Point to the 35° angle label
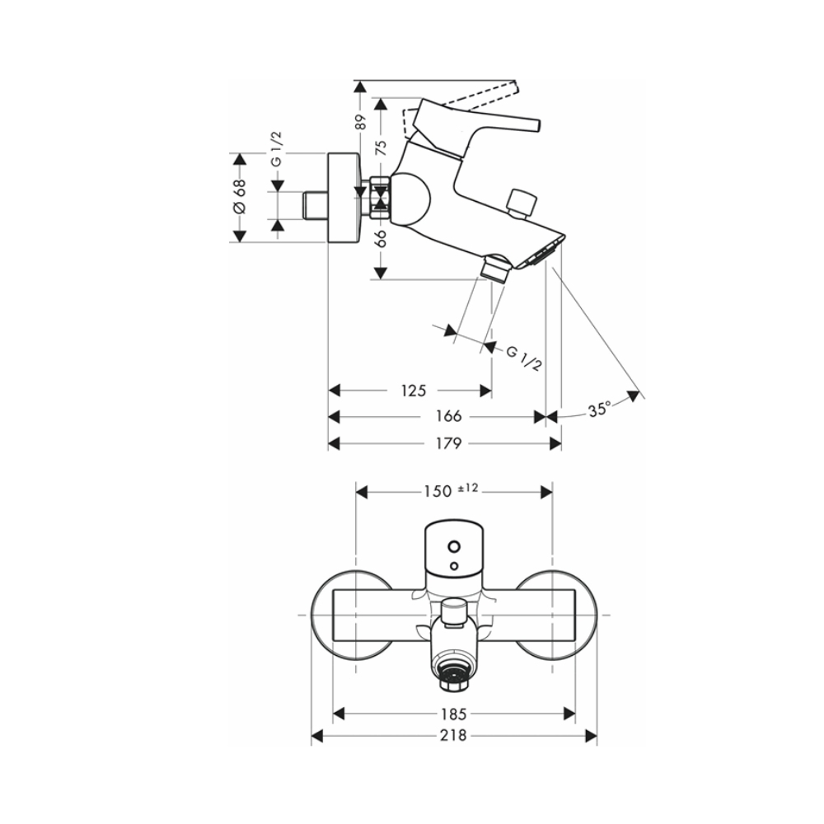tap(600, 409)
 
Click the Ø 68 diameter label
tap(239, 198)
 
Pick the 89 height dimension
tap(360, 123)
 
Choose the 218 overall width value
tap(453, 735)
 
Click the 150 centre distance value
tap(437, 491)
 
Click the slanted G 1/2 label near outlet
tap(523, 358)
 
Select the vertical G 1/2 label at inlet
tap(278, 149)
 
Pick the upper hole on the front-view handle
tap(452, 545)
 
